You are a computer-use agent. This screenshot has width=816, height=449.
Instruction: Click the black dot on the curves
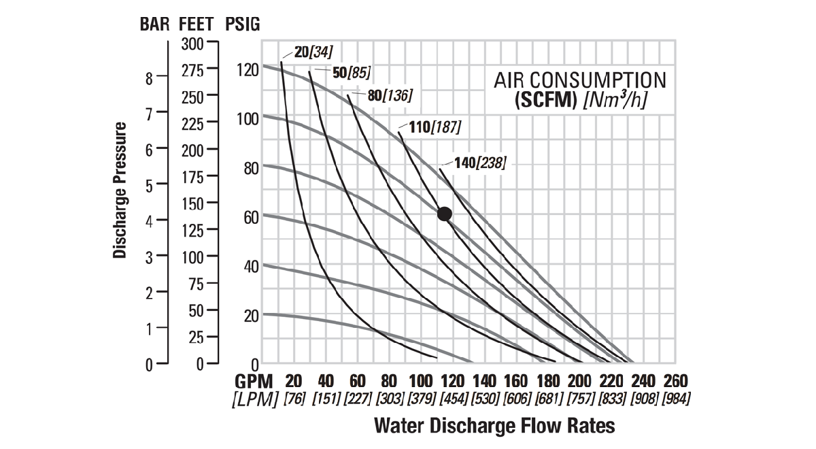pyautogui.click(x=444, y=214)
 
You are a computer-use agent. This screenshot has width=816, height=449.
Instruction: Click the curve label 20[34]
pyautogui.click(x=313, y=52)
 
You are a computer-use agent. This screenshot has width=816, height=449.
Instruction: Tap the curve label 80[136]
pyautogui.click(x=390, y=95)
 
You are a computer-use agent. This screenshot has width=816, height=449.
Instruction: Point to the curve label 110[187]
pyautogui.click(x=435, y=127)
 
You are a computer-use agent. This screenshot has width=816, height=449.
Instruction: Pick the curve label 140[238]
pyautogui.click(x=480, y=163)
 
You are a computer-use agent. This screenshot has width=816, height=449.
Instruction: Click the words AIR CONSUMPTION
pyautogui.click(x=580, y=80)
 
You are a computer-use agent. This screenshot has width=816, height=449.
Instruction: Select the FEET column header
pyautogui.click(x=199, y=24)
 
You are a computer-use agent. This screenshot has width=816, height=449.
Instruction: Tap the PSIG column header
pyautogui.click(x=241, y=24)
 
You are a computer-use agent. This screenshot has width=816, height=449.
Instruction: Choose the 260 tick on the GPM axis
pyautogui.click(x=675, y=380)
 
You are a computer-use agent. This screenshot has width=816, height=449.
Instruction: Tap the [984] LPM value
pyautogui.click(x=675, y=398)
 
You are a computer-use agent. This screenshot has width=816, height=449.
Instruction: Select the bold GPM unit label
pyautogui.click(x=254, y=380)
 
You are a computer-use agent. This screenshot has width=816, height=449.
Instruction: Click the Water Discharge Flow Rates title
pyautogui.click(x=494, y=427)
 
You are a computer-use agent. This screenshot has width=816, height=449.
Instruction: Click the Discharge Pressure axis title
pyautogui.click(x=120, y=191)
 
